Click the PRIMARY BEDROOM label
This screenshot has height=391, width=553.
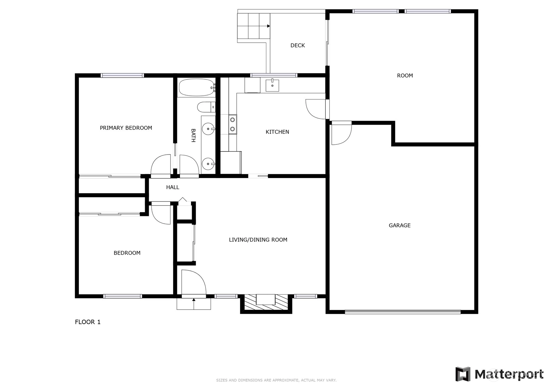pyautogui.click(x=126, y=128)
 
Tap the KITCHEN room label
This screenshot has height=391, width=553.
pyautogui.click(x=277, y=132)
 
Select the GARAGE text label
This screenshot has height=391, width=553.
pyautogui.click(x=400, y=225)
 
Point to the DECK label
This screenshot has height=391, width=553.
pyautogui.click(x=297, y=45)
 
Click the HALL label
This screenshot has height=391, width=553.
pyautogui.click(x=173, y=187)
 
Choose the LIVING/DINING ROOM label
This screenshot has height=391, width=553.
pyautogui.click(x=258, y=240)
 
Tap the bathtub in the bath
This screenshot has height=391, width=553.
pyautogui.click(x=197, y=87)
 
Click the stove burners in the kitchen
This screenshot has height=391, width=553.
pyautogui.click(x=233, y=124)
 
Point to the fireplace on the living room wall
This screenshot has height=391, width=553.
pyautogui.click(x=266, y=303)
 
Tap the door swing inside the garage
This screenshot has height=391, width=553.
pyautogui.click(x=341, y=133)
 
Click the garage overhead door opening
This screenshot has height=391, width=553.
pyautogui.click(x=403, y=312)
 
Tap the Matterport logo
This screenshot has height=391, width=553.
pyautogui.click(x=499, y=374)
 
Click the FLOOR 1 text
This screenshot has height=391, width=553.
pyautogui.click(x=88, y=322)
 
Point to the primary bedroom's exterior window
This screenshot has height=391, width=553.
pyautogui.click(x=122, y=75)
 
